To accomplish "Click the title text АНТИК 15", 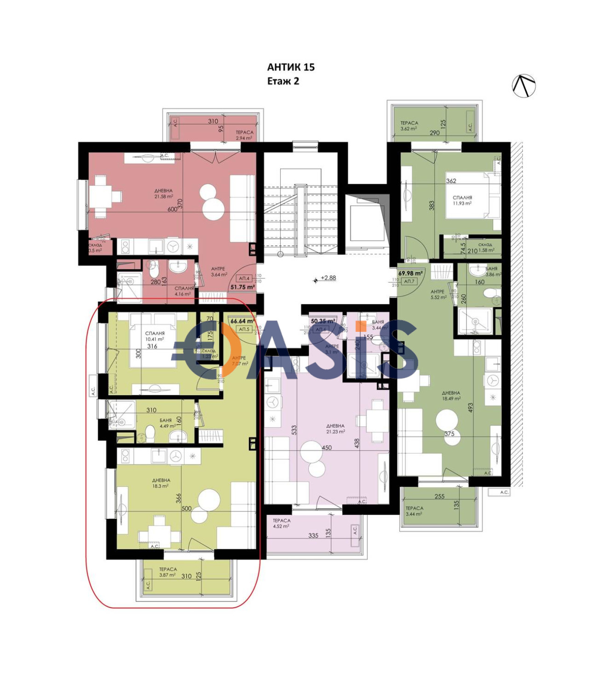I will [291, 67].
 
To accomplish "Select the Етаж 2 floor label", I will [283, 81].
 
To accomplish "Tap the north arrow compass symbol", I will [524, 86].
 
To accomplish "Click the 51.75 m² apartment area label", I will [242, 287].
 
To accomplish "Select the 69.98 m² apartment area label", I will [410, 273].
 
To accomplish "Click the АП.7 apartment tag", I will [409, 281].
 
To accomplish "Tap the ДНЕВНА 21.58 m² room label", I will [163, 194].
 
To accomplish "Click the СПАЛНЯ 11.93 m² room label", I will [462, 201].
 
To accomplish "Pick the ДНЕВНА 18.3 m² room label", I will [161, 483].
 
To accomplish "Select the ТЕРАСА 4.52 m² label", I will [281, 523].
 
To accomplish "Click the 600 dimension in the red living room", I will [172, 210].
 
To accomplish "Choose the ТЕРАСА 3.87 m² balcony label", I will [168, 572].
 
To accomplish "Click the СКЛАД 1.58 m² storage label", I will [486, 247].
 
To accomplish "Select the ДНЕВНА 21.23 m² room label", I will [335, 429].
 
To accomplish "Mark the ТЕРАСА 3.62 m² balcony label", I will [409, 126].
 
